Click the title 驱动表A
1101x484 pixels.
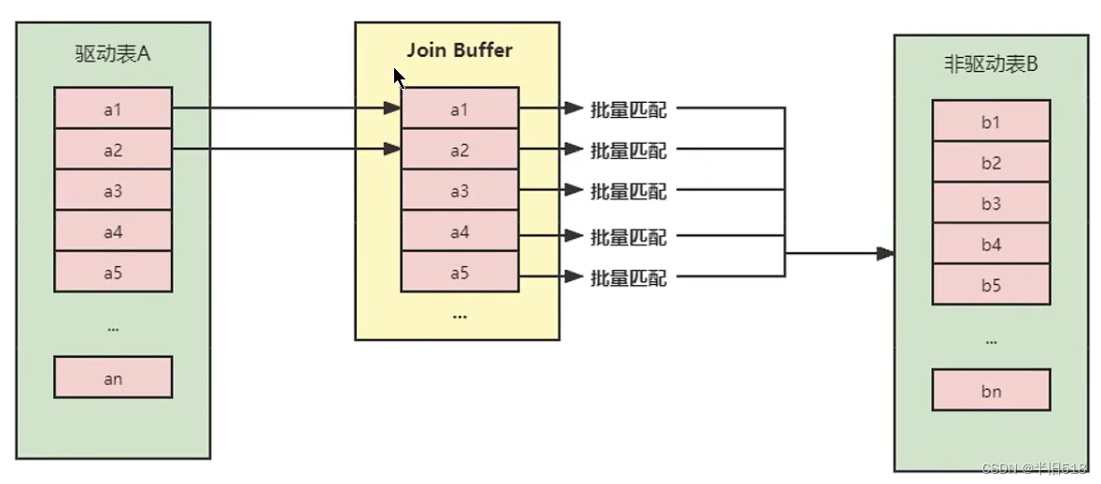[113, 55]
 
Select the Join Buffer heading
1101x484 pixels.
[460, 50]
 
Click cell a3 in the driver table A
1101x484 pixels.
[113, 191]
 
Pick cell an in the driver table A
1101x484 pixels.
[113, 377]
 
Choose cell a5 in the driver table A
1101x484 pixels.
[113, 272]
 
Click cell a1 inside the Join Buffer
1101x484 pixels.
[460, 109]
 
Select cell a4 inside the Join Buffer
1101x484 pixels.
[460, 231]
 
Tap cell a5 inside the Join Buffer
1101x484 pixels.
[460, 272]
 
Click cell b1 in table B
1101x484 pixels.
[991, 121]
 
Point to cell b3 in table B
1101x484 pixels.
[991, 204]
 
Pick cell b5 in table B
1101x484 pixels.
[991, 284]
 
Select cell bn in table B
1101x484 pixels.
[991, 390]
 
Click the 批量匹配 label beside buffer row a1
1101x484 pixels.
[628, 109]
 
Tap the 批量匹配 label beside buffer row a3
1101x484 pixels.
[628, 191]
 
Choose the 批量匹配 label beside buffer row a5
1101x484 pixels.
[628, 278]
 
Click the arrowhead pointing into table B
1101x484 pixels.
[885, 253]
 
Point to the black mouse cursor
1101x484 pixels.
[399, 78]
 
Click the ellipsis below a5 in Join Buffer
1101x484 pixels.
[460, 316]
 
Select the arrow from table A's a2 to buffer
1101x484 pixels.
[287, 149]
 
